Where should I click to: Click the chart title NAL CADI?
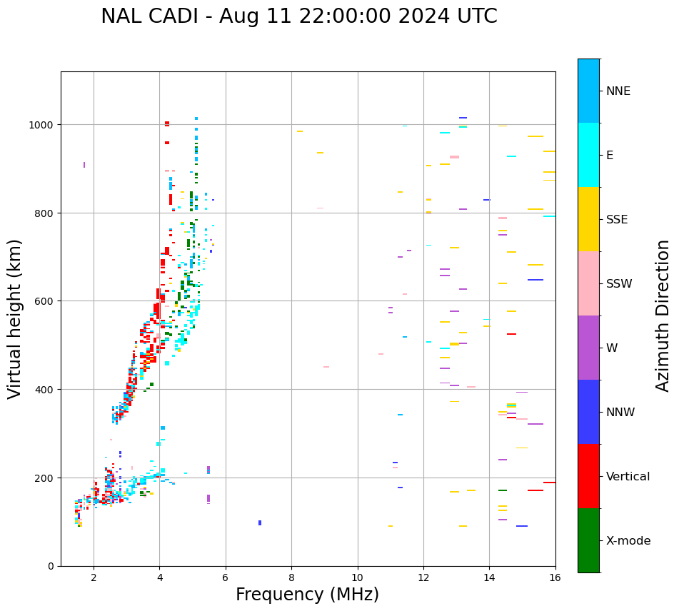point(298,16)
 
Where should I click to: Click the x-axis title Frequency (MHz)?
point(307,595)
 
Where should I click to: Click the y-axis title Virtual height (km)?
point(15,318)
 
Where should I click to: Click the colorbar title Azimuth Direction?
point(663,315)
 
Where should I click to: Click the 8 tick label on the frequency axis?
point(291,578)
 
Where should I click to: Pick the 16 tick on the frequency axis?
point(555,578)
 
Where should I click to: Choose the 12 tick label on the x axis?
point(423,578)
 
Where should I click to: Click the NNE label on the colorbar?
point(618,91)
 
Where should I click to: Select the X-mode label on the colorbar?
point(628,541)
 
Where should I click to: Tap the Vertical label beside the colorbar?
point(628,477)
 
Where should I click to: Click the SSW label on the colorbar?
point(619,283)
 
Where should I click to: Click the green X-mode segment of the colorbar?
point(588,540)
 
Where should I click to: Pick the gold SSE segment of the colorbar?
point(588,219)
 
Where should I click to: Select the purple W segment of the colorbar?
point(588,348)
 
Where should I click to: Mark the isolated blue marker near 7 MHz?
point(260,523)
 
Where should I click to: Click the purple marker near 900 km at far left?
point(84,165)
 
